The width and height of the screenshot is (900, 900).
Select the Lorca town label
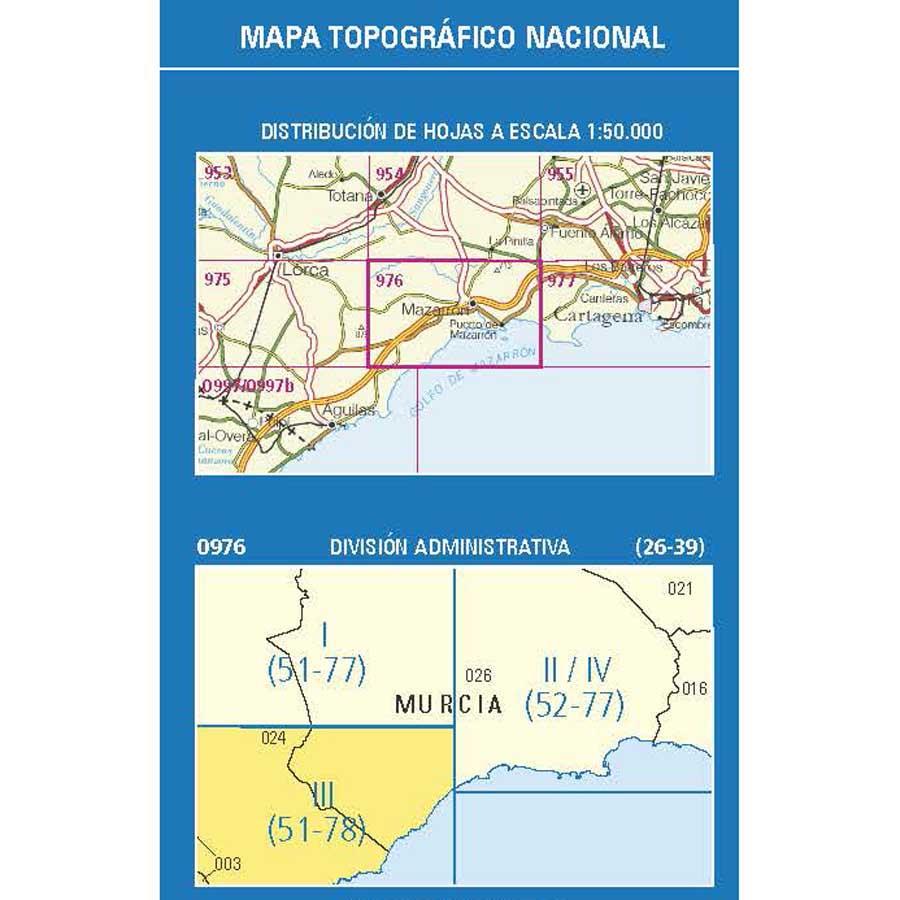tap(305, 270)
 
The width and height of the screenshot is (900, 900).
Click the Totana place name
tap(350, 197)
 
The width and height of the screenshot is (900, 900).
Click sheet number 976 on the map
tap(389, 281)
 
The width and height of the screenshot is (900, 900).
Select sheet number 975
tap(216, 280)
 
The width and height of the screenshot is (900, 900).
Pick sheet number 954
tap(390, 174)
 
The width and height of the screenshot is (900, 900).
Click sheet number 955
tap(560, 174)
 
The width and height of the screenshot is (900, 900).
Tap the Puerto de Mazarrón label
tap(474, 331)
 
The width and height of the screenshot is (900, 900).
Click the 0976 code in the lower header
tap(221, 546)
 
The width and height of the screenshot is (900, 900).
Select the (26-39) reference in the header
tap(669, 546)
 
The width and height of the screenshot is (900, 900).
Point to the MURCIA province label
tap(449, 704)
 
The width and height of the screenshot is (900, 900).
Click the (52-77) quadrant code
tap(574, 704)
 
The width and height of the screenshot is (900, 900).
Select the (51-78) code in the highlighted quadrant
tap(316, 829)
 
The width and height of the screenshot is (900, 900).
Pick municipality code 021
tap(680, 588)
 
